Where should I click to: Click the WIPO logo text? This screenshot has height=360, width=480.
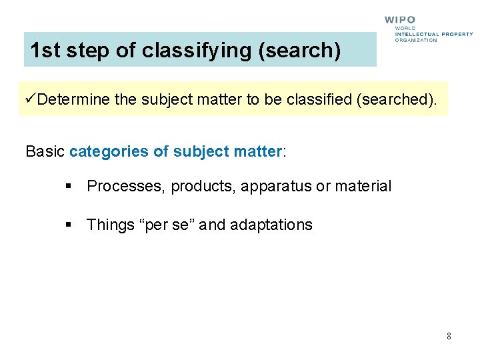tap(400, 20)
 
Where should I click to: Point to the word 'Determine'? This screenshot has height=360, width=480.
tap(74, 100)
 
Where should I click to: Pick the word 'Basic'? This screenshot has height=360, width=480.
tap(45, 151)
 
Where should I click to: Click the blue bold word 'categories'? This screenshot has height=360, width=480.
tap(109, 151)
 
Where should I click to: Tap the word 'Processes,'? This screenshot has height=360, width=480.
tap(127, 187)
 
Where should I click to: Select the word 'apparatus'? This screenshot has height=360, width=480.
tap(276, 187)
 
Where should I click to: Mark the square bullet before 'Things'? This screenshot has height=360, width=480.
tap(68, 225)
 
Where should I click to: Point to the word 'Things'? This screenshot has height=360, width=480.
tap(111, 225)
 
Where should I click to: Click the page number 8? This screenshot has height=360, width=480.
tap(449, 336)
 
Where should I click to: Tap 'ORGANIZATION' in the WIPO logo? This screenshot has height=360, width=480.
tap(416, 40)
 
